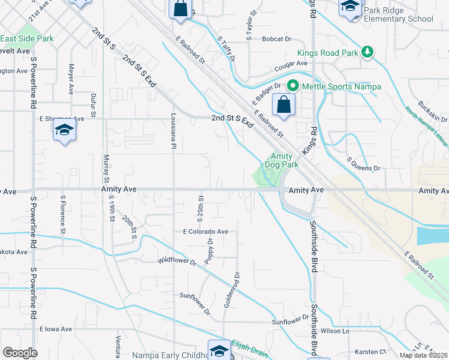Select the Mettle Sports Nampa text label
[x=341, y=86]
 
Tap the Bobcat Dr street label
[x=277, y=39]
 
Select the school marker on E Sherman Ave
[x=64, y=130]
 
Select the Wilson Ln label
[x=335, y=331]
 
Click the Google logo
[x=19, y=353]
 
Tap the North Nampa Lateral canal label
[x=426, y=130]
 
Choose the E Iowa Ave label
[x=56, y=329]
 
